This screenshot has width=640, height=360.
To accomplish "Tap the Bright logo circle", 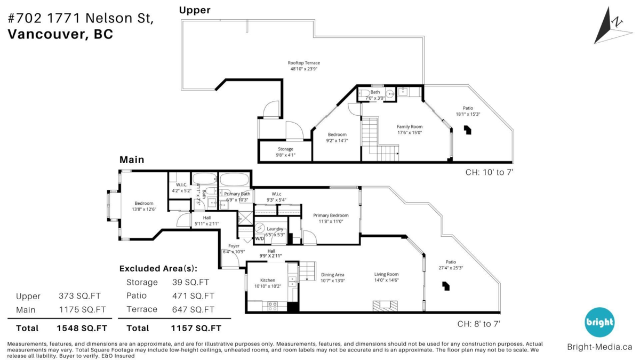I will pyautogui.click(x=599, y=322).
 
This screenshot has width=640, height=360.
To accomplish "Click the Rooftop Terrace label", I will pyautogui.click(x=305, y=63).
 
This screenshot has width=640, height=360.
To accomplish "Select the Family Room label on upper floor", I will pyautogui.click(x=410, y=126).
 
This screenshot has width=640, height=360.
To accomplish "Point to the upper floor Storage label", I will pyautogui.click(x=285, y=149).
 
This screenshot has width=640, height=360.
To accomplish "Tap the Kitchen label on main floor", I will pyautogui.click(x=267, y=280).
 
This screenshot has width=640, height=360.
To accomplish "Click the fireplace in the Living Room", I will pyautogui.click(x=385, y=306).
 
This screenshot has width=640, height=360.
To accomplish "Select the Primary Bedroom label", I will pyautogui.click(x=331, y=215).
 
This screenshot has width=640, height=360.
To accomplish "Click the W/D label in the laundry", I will pyautogui.click(x=260, y=239).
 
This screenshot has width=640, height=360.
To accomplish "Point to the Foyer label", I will pyautogui.click(x=234, y=246).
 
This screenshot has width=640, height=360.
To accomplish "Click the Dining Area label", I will pyautogui.click(x=333, y=275).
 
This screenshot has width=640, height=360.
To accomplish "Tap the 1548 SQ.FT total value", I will pyautogui.click(x=82, y=328).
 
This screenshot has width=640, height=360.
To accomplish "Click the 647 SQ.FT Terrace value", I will pyautogui.click(x=193, y=309).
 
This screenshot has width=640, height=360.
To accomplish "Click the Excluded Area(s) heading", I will pyautogui.click(x=158, y=268).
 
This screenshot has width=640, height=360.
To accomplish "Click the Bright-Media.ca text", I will pyautogui.click(x=599, y=347).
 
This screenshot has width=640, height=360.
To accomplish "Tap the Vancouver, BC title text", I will pyautogui.click(x=60, y=34).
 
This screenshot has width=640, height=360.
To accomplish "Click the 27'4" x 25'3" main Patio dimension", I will pyautogui.click(x=451, y=268).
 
